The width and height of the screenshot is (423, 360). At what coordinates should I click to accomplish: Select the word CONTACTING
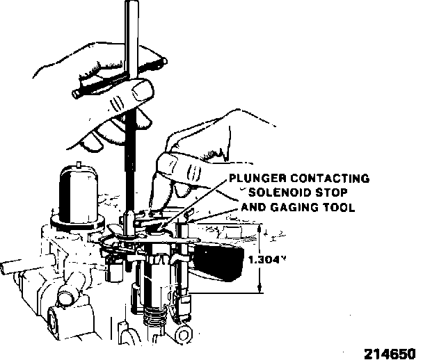click(329, 179)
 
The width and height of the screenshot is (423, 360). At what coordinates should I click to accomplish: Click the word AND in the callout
click(253, 207)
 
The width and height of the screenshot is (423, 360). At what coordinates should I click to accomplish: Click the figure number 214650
click(391, 352)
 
